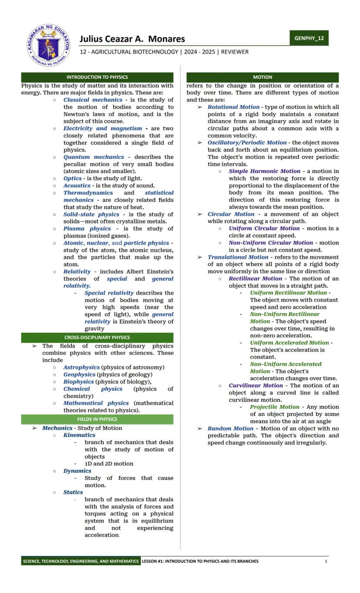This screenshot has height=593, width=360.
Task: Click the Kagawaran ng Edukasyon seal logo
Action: (48, 45)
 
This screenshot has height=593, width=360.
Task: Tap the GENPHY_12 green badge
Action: (309, 38)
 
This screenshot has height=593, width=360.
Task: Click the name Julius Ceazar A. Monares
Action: (132, 39)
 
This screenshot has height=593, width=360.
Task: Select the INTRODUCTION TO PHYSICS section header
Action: (97, 77)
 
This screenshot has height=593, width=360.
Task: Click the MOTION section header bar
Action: (263, 77)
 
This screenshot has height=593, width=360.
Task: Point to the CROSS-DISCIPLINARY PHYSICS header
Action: (97, 338)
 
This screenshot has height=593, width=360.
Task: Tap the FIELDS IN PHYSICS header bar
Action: (97, 419)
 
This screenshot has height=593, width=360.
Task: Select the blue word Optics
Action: (72, 178)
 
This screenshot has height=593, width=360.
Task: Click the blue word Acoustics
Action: (77, 186)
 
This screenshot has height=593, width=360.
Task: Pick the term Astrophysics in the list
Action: (81, 368)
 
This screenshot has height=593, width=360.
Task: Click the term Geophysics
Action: (79, 375)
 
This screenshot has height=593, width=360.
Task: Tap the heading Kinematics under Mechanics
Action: (79, 435)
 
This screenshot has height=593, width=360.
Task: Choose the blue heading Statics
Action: (73, 492)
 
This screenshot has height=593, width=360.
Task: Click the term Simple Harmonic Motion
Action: (264, 171)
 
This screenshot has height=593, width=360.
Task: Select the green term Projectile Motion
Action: (274, 407)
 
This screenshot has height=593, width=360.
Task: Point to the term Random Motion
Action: (230, 429)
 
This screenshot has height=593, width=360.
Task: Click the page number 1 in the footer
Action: (326, 561)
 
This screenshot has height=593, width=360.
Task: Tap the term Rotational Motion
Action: (233, 107)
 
